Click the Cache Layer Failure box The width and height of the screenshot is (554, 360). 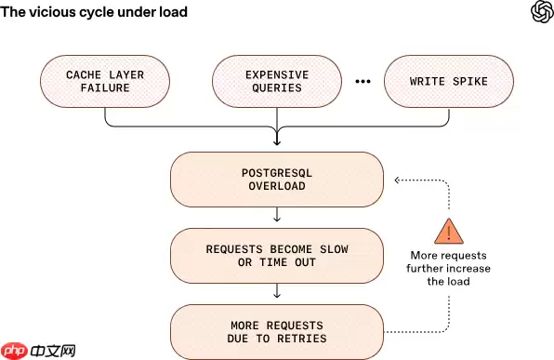point(104,80)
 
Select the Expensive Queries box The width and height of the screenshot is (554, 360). point(276,80)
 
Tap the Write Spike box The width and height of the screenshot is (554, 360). point(448,80)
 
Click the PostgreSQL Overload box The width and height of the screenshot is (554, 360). point(276,180)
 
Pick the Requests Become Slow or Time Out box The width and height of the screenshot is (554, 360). point(276,256)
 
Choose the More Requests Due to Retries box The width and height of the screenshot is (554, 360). point(276,331)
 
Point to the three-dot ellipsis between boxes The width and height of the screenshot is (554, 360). point(363,81)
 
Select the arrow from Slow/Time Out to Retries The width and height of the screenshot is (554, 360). point(276,293)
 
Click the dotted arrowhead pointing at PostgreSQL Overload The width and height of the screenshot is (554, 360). point(396,180)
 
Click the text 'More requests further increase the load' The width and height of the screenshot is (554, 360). point(448,268)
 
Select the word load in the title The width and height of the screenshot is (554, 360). point(172,13)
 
